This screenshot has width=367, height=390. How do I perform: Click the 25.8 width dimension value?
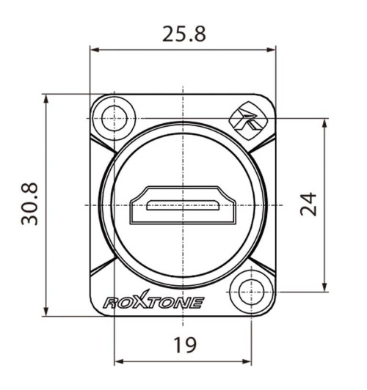click(183, 34)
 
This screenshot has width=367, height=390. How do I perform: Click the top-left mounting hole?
click(115, 117)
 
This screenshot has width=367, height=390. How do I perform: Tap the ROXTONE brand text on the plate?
click(153, 301)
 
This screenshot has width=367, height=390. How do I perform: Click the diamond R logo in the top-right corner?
click(250, 119)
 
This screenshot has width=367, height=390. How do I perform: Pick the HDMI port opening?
click(182, 206)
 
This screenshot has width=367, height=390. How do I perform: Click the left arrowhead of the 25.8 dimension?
click(94, 50)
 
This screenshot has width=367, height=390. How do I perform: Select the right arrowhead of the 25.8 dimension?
click(272, 50)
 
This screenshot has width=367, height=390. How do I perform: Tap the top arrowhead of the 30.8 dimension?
click(46, 98)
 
